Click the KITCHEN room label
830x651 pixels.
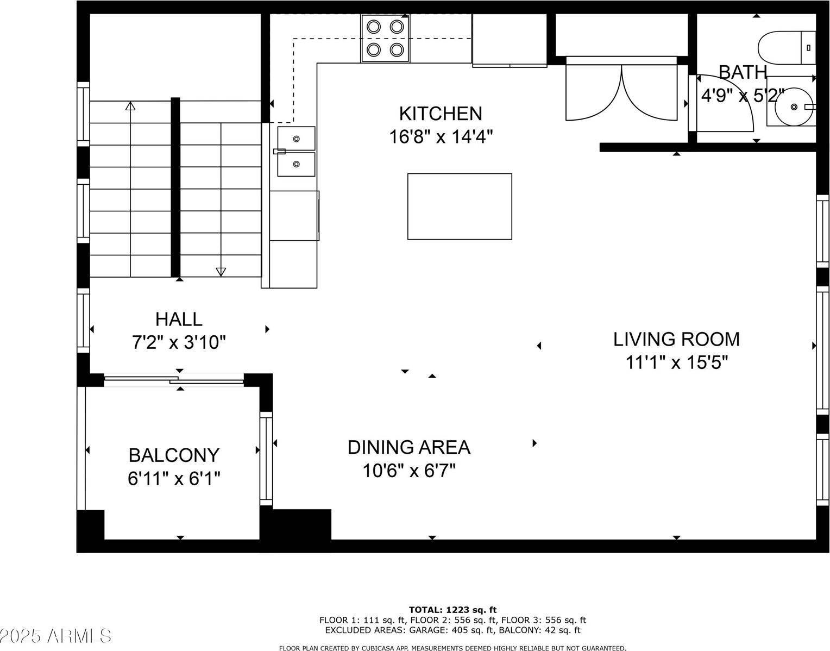click(x=441, y=114)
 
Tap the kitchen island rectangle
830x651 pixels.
click(x=460, y=206)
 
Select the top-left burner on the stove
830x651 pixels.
click(x=373, y=27)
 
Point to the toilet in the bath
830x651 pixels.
click(x=787, y=48)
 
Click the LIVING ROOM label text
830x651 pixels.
click(x=676, y=339)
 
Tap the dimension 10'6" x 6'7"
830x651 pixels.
click(x=408, y=471)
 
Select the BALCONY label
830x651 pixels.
click(x=174, y=455)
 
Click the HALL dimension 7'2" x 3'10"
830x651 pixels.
click(x=179, y=342)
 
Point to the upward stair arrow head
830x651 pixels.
click(x=130, y=106)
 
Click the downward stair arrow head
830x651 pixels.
click(x=221, y=272)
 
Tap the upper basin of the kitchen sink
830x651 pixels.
click(x=296, y=139)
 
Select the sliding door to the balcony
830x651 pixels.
click(x=174, y=380)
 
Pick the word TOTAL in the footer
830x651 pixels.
click(x=425, y=610)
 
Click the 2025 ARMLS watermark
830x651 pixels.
click(x=56, y=636)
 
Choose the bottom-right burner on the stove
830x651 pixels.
click(x=397, y=49)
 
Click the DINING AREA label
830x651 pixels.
click(x=408, y=447)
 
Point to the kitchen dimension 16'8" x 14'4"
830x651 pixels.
click(x=441, y=137)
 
